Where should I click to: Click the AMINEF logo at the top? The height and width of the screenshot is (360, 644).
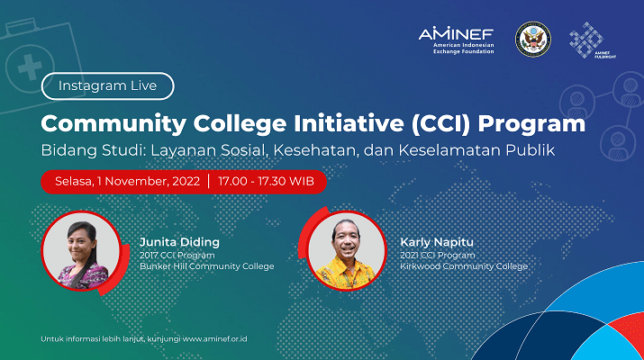[457, 40]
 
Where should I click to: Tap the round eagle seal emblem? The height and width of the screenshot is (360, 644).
[533, 40]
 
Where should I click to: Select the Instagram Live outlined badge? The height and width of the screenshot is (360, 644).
[107, 85]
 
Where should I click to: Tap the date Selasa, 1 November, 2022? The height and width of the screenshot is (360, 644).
[127, 182]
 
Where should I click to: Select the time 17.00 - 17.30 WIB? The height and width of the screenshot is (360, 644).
[266, 182]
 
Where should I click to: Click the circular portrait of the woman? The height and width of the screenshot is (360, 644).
[82, 251]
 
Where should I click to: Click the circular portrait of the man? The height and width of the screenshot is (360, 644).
[347, 251]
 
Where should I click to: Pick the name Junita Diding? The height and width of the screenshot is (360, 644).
[179, 242]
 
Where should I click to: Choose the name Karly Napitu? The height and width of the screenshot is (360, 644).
[437, 242]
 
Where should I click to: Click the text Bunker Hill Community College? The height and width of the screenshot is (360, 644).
[207, 266]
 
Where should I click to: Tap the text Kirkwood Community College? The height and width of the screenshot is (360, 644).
[464, 266]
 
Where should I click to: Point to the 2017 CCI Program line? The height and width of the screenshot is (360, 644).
[177, 255]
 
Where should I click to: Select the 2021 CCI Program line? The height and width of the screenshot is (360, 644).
[438, 255]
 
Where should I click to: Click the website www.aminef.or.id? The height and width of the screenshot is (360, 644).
[214, 338]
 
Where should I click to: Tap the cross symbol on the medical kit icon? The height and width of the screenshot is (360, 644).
[30, 67]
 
